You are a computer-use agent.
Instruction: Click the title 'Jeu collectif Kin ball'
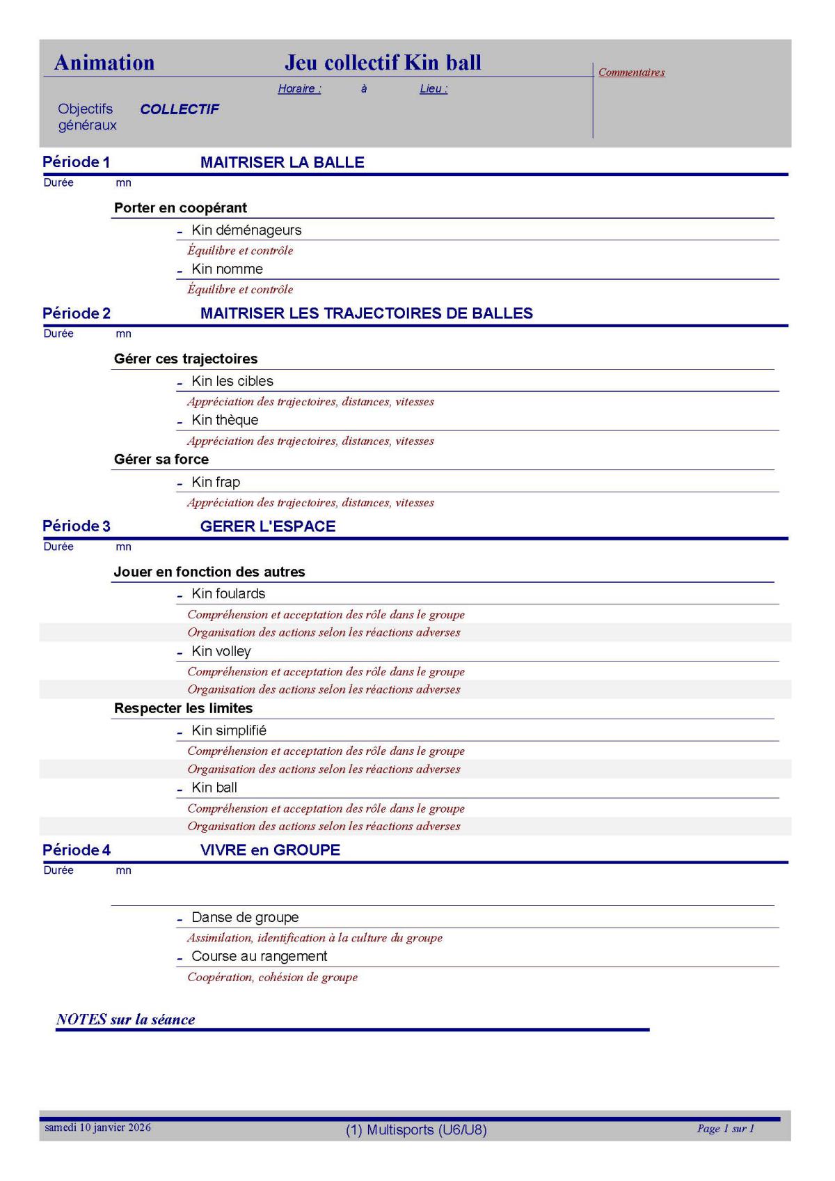383,63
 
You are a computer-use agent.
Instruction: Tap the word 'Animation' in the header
104,63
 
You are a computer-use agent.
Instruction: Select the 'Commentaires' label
631,72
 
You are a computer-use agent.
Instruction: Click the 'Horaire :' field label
299,89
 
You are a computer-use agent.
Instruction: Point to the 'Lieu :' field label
434,89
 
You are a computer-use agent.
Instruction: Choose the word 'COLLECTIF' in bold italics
180,109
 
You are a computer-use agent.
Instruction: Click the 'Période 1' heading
76,162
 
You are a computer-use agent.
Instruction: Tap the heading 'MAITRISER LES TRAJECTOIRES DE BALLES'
366,313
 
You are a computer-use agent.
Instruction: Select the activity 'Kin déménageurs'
246,230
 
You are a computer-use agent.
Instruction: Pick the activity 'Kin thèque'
225,420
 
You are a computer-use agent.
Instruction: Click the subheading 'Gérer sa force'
161,460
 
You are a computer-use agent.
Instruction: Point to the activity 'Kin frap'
216,482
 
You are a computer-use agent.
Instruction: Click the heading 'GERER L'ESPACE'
268,526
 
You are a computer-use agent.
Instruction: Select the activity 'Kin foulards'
228,594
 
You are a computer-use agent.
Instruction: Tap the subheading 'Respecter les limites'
183,708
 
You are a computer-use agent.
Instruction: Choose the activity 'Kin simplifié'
229,730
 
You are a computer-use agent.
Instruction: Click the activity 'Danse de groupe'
245,917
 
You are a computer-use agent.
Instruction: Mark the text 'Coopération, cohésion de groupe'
273,977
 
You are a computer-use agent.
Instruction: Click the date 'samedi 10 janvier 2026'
97,1127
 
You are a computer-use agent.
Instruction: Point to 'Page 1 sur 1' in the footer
726,1129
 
